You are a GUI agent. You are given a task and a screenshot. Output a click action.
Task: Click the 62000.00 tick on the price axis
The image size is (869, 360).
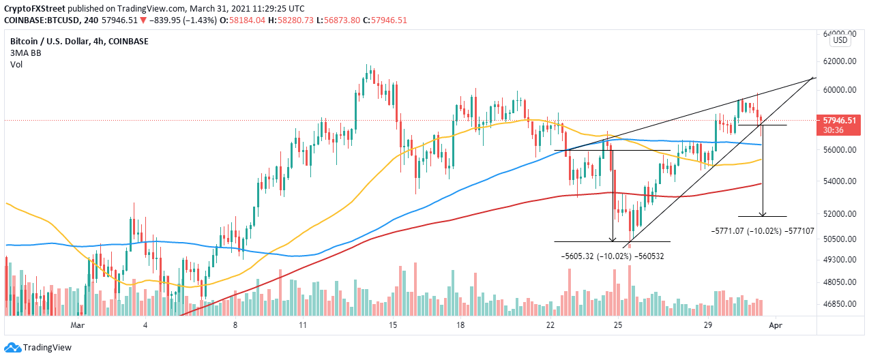[840, 61]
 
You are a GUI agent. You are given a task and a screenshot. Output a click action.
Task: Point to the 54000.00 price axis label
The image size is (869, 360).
[840, 181]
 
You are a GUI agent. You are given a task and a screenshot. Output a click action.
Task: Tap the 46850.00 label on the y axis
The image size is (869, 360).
[840, 304]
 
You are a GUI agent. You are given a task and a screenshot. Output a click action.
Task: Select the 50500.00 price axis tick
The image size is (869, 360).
[840, 239]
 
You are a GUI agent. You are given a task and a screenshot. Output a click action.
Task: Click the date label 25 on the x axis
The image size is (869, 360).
[617, 326]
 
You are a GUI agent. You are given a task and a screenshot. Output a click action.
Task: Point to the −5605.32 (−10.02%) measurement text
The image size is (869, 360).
[613, 256]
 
